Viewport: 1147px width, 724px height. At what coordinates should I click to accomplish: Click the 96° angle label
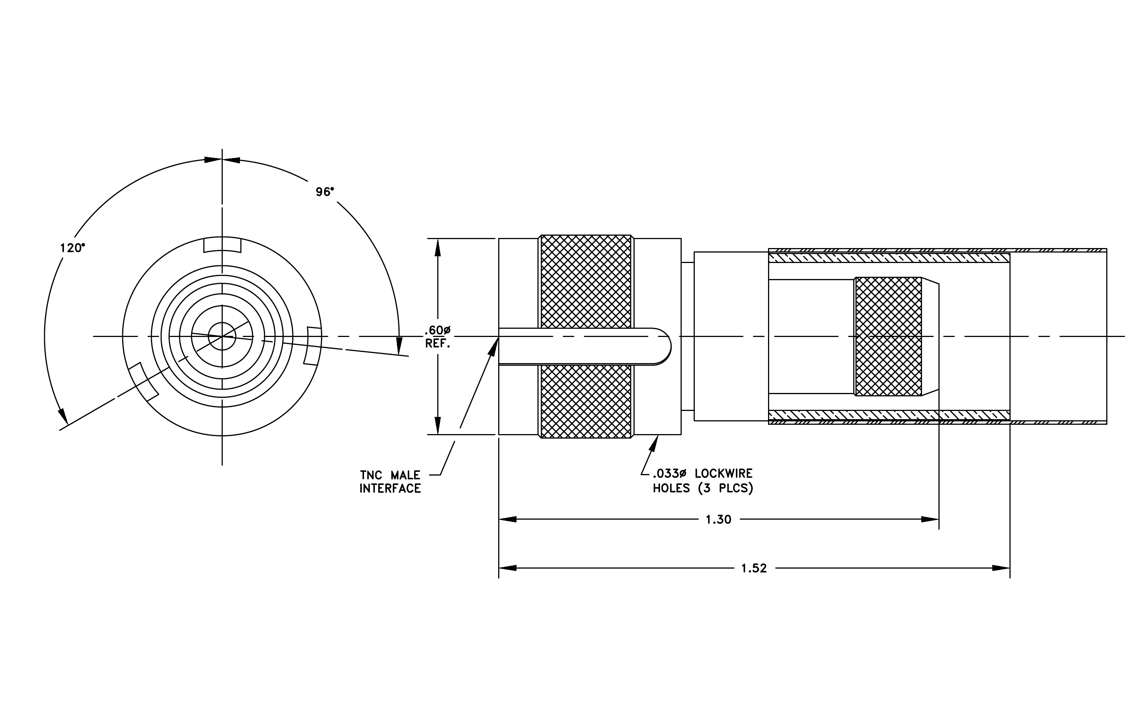click(x=325, y=192)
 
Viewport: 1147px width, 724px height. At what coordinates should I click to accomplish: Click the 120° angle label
click(x=73, y=248)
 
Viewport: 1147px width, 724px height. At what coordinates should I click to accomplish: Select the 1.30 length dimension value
click(x=718, y=519)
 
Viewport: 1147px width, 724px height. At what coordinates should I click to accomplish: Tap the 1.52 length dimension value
click(x=754, y=568)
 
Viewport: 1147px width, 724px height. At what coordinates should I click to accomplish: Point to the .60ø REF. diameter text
click(x=438, y=337)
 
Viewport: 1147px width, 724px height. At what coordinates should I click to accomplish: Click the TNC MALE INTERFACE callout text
click(x=390, y=482)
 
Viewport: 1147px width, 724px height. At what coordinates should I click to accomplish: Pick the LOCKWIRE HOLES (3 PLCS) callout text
click(x=703, y=481)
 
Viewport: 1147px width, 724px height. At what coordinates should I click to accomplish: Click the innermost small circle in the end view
click(x=222, y=322)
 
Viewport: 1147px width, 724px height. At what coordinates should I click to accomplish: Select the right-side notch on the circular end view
click(x=312, y=346)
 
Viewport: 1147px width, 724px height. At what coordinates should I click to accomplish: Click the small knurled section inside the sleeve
click(x=888, y=337)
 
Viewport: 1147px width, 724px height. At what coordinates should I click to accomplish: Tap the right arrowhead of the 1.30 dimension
click(x=930, y=519)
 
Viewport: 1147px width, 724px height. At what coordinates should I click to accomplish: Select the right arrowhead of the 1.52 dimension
click(x=1001, y=568)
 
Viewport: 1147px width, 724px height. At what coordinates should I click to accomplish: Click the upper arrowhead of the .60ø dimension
click(x=438, y=248)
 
